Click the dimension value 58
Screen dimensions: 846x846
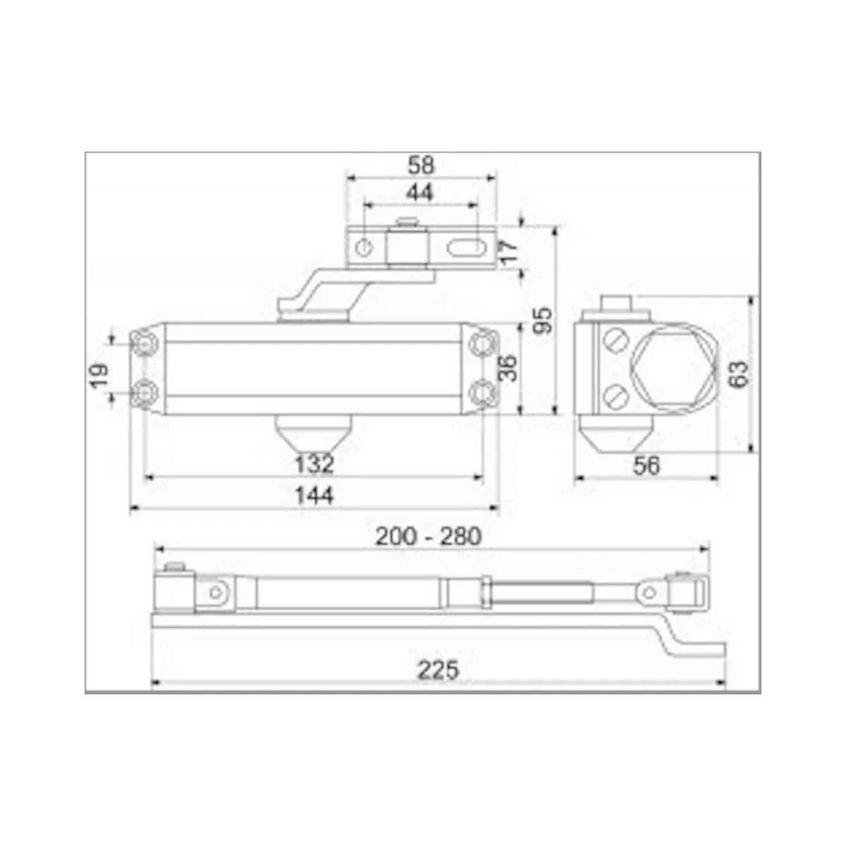point(421,166)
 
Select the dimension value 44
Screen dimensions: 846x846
point(419,192)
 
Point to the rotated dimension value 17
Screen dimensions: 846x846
point(510,252)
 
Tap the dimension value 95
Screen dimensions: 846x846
point(544,320)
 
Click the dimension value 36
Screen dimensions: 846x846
point(508,368)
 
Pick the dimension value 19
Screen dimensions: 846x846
point(99,375)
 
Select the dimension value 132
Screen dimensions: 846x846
point(314,464)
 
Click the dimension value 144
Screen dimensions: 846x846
point(314,496)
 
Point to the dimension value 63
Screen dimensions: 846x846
point(738,374)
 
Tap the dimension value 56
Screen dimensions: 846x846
point(646,466)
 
